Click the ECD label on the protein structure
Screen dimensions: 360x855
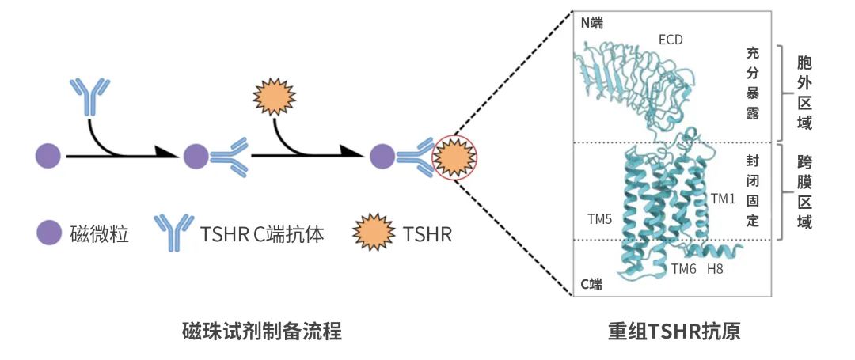(x=671, y=39)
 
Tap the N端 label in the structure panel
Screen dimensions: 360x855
(x=591, y=23)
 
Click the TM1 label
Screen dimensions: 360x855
(x=723, y=197)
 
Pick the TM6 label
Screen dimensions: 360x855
(x=684, y=268)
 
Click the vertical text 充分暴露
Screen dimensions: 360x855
(x=753, y=83)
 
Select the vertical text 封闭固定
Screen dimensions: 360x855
(x=753, y=190)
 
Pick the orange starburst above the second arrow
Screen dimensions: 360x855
(x=274, y=97)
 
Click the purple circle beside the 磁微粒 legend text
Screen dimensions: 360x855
(x=49, y=234)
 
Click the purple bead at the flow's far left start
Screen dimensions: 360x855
(x=48, y=157)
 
